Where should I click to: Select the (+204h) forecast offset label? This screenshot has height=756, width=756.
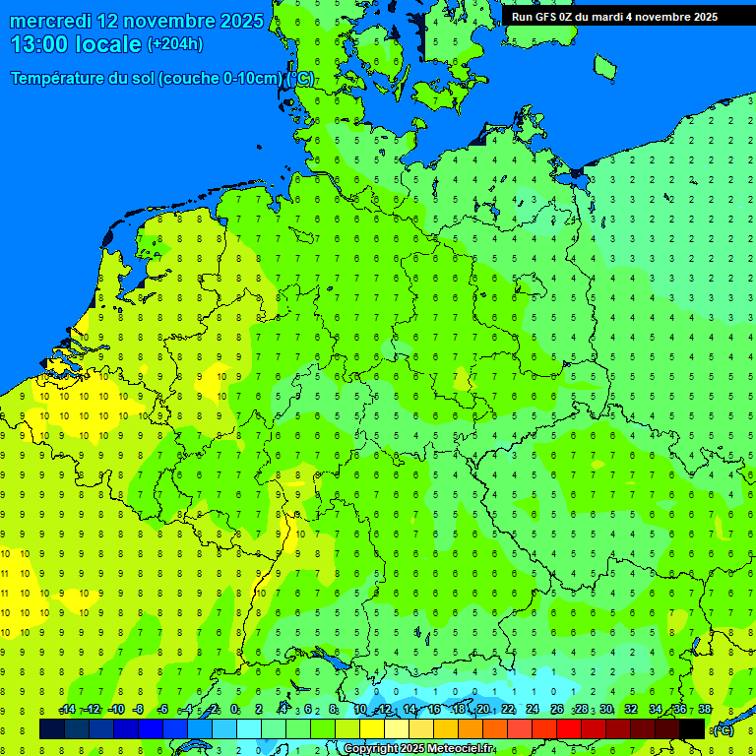pos(175,44)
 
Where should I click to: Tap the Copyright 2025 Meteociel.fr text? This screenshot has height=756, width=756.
pos(418,749)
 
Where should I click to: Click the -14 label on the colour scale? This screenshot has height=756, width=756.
pos(67,710)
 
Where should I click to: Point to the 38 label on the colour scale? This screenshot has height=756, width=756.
pos(705,710)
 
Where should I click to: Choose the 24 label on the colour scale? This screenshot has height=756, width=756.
pos(533,710)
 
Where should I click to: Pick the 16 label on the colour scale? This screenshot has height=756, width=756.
pos(434,710)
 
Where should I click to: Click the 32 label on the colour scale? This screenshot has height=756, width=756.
pos(631,710)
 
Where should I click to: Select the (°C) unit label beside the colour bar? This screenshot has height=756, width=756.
pos(724,729)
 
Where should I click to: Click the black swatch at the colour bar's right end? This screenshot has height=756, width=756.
pos(692,728)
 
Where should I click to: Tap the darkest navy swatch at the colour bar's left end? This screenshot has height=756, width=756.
pos(52,728)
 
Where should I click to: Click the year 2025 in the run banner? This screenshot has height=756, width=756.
pos(702,17)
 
